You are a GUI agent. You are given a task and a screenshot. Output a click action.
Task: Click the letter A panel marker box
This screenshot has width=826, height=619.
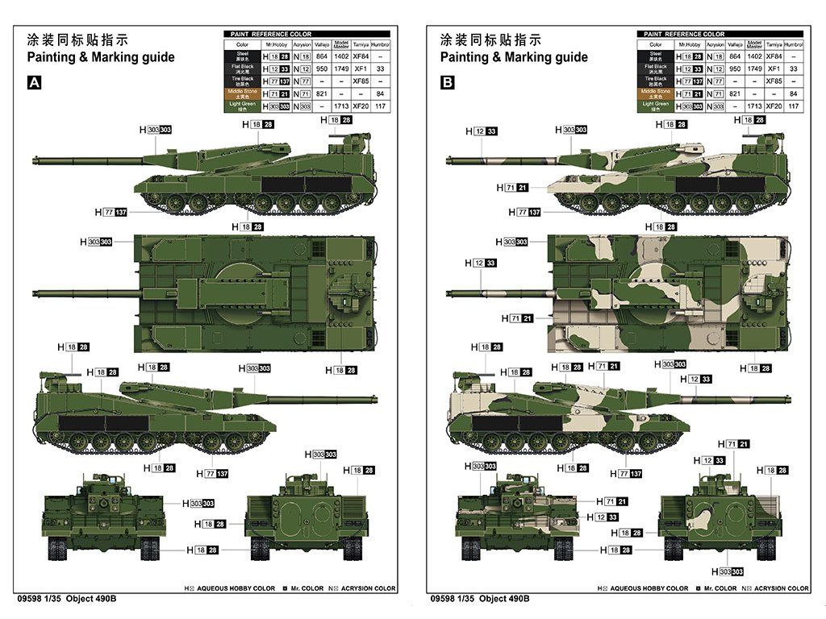pyautogui.click(x=35, y=82)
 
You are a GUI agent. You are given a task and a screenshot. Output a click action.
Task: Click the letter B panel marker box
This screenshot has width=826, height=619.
pyautogui.click(x=448, y=82)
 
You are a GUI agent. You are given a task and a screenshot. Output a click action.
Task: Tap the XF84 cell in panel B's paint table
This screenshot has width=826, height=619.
pyautogui.click(x=774, y=56)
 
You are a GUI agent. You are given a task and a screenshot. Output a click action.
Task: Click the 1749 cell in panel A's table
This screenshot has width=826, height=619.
pyautogui.click(x=340, y=69)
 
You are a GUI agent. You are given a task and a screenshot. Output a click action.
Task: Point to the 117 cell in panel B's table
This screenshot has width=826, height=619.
pyautogui.click(x=794, y=106)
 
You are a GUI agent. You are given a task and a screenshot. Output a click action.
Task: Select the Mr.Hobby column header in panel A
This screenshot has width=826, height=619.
pyautogui.click(x=278, y=44)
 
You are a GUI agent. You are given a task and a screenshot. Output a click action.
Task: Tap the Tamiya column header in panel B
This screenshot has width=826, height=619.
pyautogui.click(x=774, y=44)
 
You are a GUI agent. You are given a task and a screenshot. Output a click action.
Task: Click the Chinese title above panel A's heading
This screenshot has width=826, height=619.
pyautogui.click(x=77, y=39)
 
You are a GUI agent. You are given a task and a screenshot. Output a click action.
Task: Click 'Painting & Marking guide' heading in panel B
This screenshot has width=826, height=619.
pyautogui.click(x=514, y=57)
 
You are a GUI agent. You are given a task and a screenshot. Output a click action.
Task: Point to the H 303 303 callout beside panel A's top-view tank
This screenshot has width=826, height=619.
pyautogui.click(x=95, y=242)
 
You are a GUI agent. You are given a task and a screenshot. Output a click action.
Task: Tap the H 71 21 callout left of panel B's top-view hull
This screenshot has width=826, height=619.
pyautogui.click(x=516, y=318)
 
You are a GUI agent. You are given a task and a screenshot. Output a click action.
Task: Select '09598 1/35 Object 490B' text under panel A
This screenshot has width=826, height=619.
pyautogui.click(x=66, y=599)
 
